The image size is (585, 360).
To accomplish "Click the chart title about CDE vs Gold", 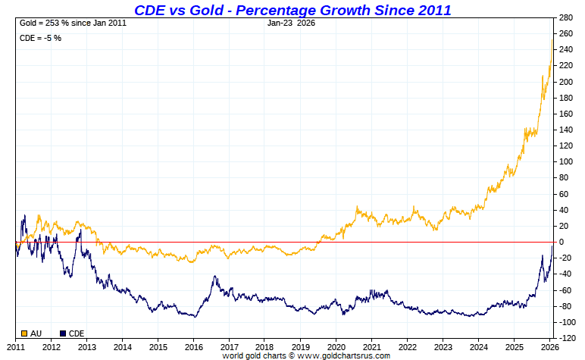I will tap(292, 10).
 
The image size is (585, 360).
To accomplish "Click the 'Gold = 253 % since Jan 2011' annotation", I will tap(73, 23).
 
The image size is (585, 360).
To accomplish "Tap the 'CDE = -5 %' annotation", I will tap(40, 38).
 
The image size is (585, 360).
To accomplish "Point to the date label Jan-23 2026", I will tap(292, 23).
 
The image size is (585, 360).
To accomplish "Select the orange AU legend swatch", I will tap(23, 332).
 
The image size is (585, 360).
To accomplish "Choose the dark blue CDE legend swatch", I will tap(62, 332).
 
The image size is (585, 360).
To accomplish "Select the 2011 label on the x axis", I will tap(16, 346).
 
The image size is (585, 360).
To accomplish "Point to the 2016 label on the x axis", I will tap(193, 346).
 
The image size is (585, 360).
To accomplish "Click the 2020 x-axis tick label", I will tap(336, 346).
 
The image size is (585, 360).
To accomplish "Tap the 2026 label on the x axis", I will tap(549, 346).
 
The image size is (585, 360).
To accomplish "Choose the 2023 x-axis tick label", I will tap(443, 346).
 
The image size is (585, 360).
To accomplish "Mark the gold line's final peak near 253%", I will tap(551, 39).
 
